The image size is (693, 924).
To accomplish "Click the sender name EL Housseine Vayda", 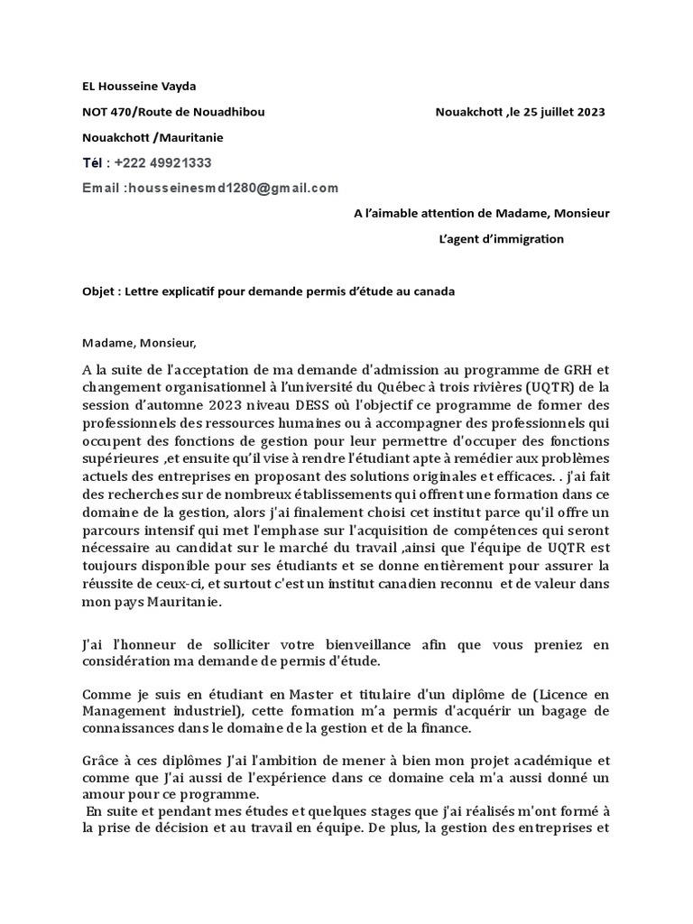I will point(138,87).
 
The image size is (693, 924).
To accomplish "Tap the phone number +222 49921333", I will point(162,162).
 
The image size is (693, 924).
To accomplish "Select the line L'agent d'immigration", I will point(500,239).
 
